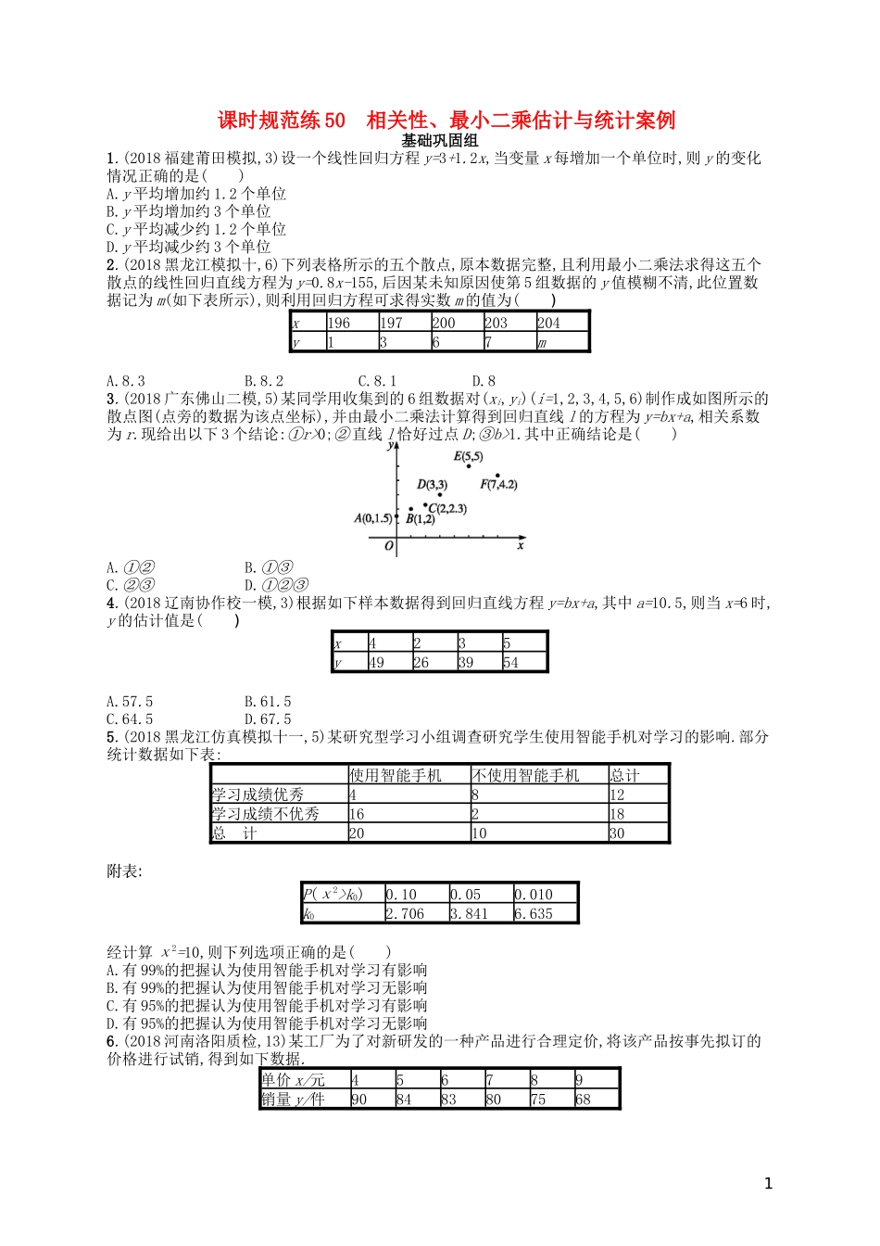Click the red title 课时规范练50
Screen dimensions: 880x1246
coord(282,121)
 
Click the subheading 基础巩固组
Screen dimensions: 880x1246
coord(440,140)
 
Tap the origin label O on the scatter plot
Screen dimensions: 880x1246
coord(389,546)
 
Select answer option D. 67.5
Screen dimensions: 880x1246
coord(268,718)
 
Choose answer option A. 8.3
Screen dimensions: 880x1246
coord(126,380)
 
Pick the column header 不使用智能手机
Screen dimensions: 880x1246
coord(526,775)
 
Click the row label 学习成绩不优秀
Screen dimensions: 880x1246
coord(266,813)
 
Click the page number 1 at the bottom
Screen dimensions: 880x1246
coord(768,1183)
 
